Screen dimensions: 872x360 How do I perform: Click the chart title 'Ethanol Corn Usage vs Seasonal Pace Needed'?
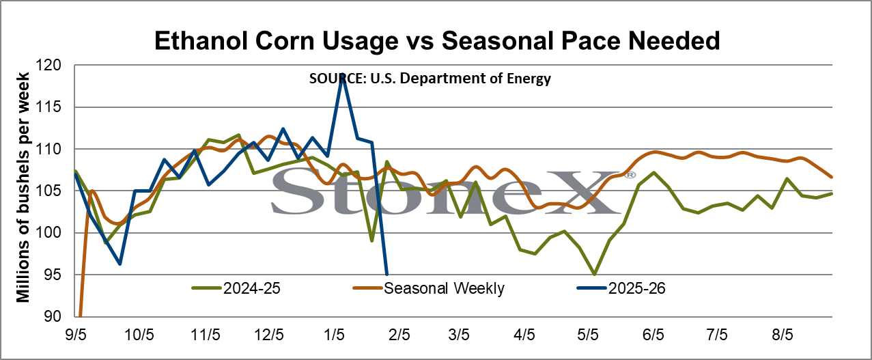point(437,40)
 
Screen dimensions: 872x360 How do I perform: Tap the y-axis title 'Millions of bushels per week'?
point(23,187)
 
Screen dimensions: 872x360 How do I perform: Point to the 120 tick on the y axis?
point(48,65)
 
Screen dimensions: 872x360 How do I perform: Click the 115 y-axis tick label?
point(48,107)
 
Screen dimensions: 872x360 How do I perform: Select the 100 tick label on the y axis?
point(48,233)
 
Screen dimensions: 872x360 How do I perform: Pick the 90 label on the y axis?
point(53,316)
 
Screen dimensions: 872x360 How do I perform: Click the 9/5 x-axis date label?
point(76,335)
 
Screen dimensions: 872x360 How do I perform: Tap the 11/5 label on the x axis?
point(206,335)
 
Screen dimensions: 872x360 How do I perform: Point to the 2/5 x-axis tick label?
point(399,335)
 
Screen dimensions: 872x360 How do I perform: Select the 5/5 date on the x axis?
point(588,335)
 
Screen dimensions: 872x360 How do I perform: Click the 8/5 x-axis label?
point(783,335)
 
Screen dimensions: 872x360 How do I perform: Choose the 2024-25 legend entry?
point(236,288)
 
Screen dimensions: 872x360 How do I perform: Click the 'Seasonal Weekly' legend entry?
point(429,288)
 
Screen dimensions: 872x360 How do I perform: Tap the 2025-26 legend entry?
point(621,288)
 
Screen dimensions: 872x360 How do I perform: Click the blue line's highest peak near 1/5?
point(343,74)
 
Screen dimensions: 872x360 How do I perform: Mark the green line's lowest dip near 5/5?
point(595,275)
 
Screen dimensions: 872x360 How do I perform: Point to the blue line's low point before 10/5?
point(119,264)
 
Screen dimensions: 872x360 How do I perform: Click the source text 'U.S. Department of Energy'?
point(460,79)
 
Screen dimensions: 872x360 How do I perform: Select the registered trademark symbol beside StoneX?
point(630,175)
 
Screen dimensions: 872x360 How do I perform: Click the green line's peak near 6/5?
point(653,172)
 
